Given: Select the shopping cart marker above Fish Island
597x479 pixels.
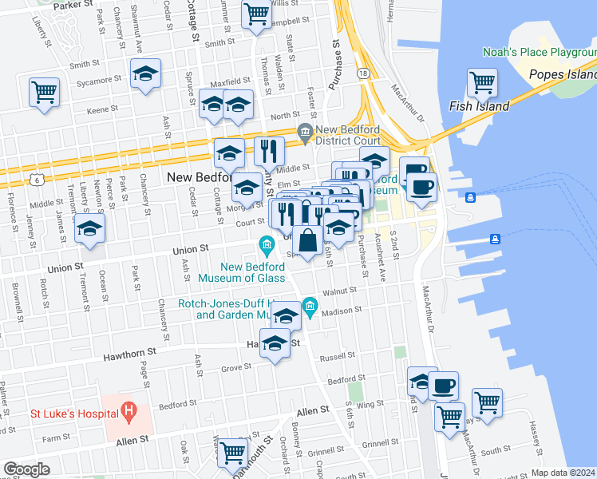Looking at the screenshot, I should pos(482,82).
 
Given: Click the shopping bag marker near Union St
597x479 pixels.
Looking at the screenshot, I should pos(307,239).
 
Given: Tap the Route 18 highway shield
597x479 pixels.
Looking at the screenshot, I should pos(364,73).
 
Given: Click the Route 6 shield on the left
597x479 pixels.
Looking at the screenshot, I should pos(38,180).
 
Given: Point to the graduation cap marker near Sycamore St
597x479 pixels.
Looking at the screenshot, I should pos(145,74).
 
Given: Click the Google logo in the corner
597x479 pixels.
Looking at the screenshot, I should pos(26,469).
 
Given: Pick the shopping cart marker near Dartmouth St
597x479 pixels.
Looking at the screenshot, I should pos(233,453).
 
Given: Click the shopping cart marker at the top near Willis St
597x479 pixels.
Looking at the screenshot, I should pos(256,13).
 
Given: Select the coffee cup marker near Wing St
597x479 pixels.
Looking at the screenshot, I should pos(444,386).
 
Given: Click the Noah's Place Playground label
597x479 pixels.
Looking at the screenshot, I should pos(540,53).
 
